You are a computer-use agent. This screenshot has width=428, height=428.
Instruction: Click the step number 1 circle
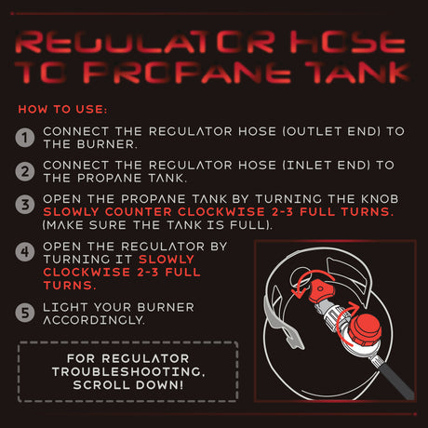pyautogui.click(x=25, y=138)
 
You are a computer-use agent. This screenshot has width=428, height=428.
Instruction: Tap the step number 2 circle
pyautogui.click(x=25, y=171)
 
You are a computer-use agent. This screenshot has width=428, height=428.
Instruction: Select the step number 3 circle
pyautogui.click(x=25, y=205)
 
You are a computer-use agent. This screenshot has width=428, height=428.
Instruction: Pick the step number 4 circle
pyautogui.click(x=25, y=252)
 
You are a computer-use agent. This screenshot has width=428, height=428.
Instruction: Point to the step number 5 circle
pyautogui.click(x=25, y=313)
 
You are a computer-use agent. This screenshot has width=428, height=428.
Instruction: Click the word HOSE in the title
pyautogui.click(x=348, y=42)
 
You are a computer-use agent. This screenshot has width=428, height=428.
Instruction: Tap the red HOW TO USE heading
pyautogui.click(x=62, y=109)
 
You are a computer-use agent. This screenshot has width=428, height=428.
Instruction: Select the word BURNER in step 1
pyautogui.click(x=105, y=144)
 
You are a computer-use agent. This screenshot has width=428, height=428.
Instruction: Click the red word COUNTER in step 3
pyautogui.click(x=138, y=212)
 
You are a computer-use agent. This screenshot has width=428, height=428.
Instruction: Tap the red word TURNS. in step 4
pyautogui.click(x=70, y=286)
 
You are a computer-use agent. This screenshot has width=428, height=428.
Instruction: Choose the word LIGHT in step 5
pyautogui.click(x=66, y=307)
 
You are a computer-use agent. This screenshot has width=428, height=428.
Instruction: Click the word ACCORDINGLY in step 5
pyautogui.click(x=94, y=320)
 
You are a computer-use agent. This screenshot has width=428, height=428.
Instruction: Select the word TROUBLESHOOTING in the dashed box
pyautogui.click(x=128, y=371)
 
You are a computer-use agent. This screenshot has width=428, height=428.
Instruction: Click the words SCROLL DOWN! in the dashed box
pyautogui.click(x=128, y=385)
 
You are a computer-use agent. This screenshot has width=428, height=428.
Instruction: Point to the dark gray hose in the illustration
pyautogui.click(x=397, y=381)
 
